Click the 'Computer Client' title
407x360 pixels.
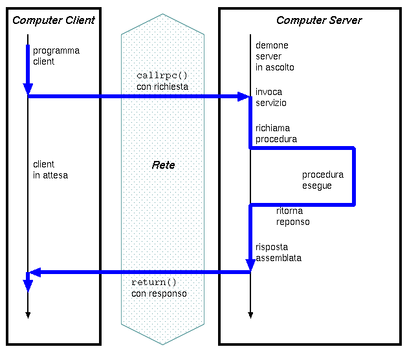[54, 20]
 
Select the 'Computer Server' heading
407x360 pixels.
[319, 20]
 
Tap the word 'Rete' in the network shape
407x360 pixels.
[163, 165]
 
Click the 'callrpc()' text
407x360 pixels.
[162, 76]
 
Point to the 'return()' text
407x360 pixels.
[154, 282]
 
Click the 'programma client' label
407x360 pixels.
[56, 56]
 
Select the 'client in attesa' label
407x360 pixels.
[50, 169]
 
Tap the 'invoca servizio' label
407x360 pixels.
[271, 98]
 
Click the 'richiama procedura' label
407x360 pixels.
[276, 133]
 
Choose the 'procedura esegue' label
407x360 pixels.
[323, 180]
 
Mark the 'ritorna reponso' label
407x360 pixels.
[293, 217]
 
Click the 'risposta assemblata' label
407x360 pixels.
[278, 252]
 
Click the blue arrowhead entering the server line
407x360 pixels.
[244, 97]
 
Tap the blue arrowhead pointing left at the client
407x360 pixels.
[36, 272]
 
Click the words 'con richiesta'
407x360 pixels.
[162, 86]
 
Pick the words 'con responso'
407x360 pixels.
[159, 293]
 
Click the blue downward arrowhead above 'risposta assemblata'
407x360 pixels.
[250, 264]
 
